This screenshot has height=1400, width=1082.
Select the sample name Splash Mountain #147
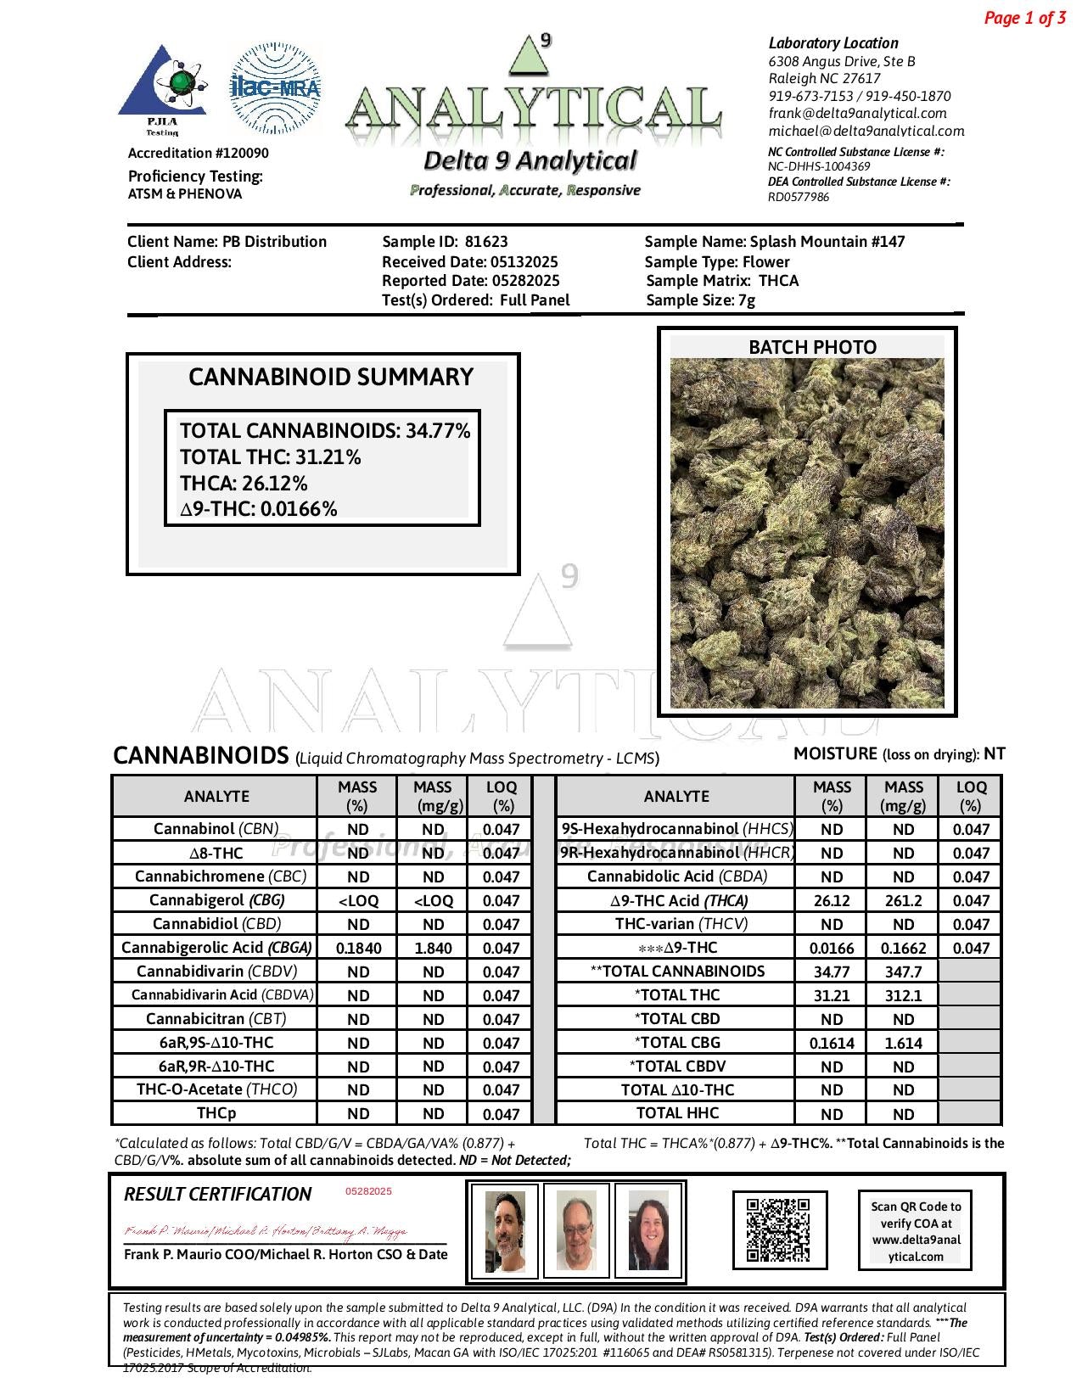tap(827, 242)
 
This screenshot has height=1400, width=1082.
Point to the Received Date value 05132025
tap(524, 262)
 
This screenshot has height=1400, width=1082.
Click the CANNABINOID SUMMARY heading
tap(330, 378)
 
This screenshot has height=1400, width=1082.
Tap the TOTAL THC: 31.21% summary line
tap(271, 457)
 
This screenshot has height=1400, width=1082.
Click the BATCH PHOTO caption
tap(812, 347)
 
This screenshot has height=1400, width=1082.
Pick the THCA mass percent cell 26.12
tap(832, 901)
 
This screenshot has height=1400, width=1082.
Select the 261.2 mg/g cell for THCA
tap(903, 901)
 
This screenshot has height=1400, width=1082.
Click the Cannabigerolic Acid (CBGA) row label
tap(216, 948)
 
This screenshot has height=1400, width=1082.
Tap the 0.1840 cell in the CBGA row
tap(358, 949)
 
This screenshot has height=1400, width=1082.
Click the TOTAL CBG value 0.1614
tap(832, 1044)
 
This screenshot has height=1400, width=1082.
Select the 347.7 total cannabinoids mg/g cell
tap(903, 972)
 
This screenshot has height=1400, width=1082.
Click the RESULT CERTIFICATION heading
tap(218, 1195)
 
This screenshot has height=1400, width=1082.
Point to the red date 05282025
tap(368, 1191)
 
